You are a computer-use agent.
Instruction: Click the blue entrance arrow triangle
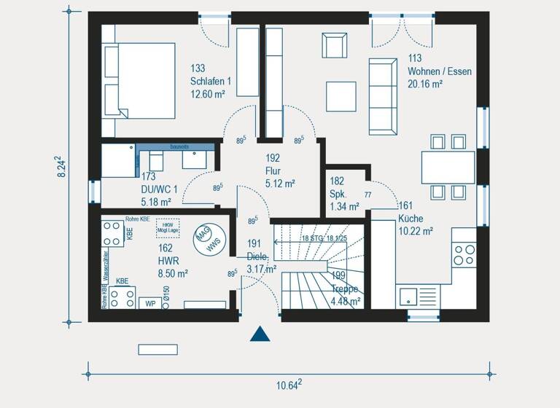point(260,334)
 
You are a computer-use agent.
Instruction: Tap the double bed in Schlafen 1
point(139,79)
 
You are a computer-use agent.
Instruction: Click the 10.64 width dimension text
point(289,385)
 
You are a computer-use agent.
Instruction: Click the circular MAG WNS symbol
point(204,238)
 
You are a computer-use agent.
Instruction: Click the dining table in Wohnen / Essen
point(448,167)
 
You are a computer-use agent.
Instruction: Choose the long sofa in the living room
point(384,95)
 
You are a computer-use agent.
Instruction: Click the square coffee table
point(341,95)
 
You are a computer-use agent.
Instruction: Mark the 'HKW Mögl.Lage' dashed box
point(167,227)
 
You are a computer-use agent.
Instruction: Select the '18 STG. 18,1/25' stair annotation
point(325,238)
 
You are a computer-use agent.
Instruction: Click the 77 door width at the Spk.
point(368,195)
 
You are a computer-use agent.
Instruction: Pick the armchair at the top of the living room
point(335,45)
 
